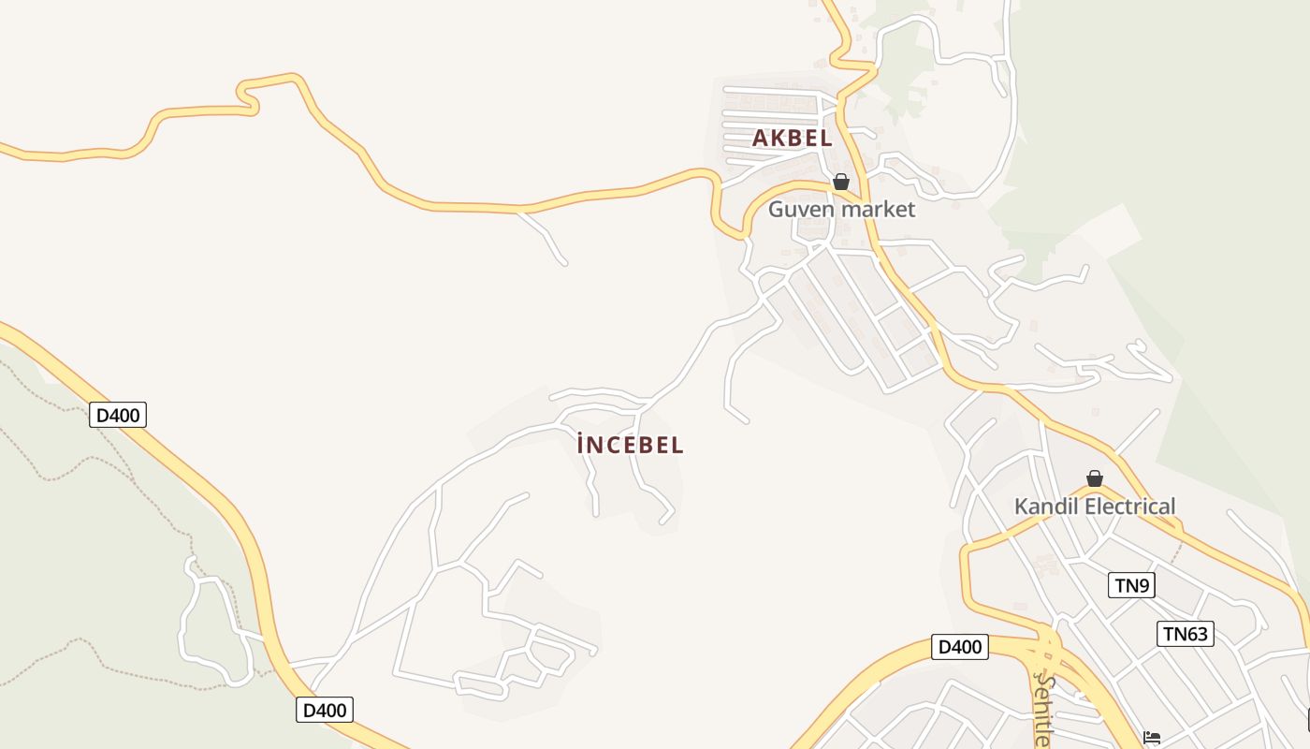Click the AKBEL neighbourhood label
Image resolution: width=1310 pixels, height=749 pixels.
click(792, 138)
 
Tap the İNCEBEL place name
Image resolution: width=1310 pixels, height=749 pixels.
click(631, 445)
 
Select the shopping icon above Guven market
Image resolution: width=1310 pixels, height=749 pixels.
click(841, 182)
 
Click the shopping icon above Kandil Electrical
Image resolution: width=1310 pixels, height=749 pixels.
click(1095, 478)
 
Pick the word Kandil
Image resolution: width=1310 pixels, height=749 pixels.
click(1044, 507)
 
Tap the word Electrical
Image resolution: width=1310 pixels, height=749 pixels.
click(1128, 507)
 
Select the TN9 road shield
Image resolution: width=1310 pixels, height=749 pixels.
click(1132, 586)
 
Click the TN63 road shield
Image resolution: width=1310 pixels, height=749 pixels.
click(1185, 634)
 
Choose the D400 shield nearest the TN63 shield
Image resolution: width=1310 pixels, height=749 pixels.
click(960, 647)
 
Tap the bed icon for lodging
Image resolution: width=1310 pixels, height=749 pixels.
click(1152, 739)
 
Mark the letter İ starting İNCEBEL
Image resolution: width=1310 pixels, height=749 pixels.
click(582, 445)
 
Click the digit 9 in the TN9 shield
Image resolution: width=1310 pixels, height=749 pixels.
click(1143, 586)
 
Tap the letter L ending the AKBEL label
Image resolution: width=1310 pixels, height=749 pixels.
click(826, 138)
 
